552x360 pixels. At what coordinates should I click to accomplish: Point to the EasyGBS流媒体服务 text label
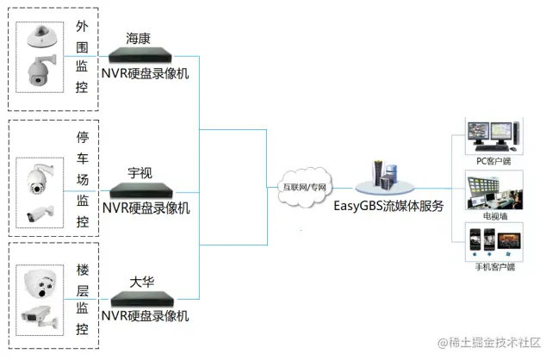click(x=389, y=206)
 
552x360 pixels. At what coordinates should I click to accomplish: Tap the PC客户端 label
click(x=493, y=160)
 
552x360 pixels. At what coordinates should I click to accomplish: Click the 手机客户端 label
click(x=493, y=267)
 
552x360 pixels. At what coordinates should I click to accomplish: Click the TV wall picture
click(x=493, y=189)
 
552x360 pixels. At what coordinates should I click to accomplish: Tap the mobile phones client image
click(x=493, y=242)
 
